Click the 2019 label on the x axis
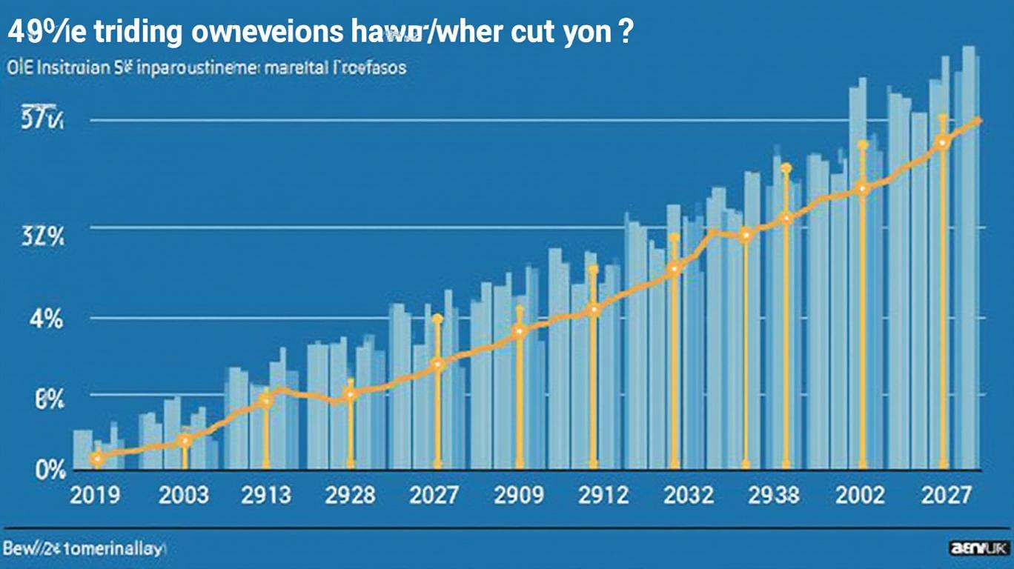(95, 494)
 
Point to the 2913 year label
(266, 494)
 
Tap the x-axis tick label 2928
(350, 494)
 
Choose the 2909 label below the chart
(519, 494)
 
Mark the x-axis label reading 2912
(603, 494)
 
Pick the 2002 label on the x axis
(860, 494)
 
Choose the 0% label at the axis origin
(49, 470)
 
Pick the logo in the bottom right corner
(979, 549)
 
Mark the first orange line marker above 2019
(96, 459)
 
